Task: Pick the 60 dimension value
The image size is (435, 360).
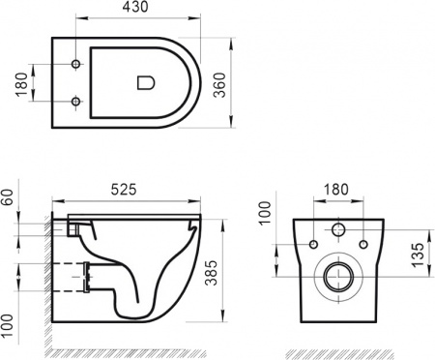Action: tap(9, 199)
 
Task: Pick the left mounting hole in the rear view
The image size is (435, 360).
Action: tap(314, 243)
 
